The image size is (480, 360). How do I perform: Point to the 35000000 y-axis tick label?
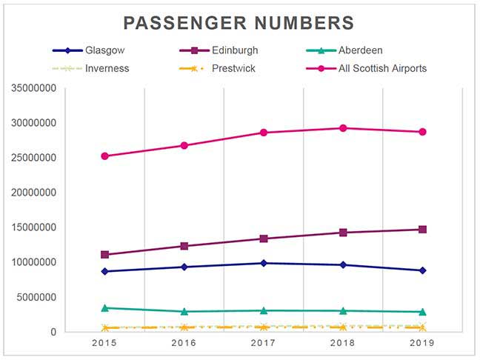[31, 88]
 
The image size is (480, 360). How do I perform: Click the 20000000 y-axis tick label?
[31, 193]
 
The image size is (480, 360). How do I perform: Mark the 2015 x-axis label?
[105, 343]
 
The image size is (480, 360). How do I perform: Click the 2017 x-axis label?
[264, 343]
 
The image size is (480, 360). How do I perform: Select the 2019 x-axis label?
[422, 343]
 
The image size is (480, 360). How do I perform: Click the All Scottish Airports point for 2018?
[343, 128]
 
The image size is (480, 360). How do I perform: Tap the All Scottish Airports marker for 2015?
[105, 156]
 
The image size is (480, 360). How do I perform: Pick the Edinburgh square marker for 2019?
[422, 230]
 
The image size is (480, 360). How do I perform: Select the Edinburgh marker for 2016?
[184, 246]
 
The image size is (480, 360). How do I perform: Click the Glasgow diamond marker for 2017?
[264, 263]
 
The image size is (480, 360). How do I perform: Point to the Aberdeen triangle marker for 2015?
[105, 307]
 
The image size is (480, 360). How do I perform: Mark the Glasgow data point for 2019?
[422, 270]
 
